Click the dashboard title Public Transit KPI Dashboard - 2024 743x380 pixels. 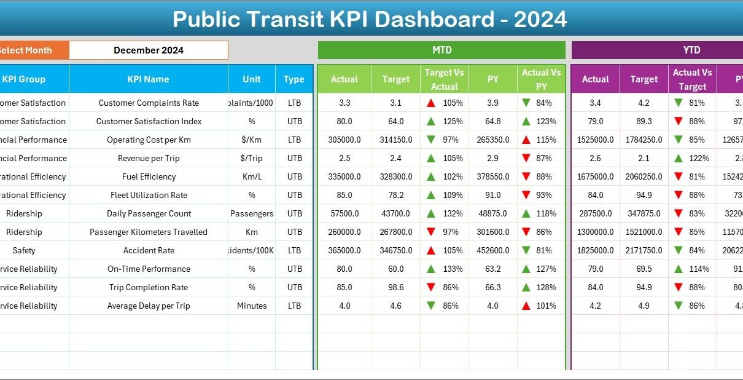(370, 20)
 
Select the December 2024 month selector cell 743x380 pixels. (149, 50)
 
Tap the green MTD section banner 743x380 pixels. (442, 50)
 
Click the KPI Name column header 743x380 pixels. (148, 79)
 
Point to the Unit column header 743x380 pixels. (251, 79)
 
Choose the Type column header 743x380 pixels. (294, 79)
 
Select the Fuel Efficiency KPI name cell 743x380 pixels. (149, 176)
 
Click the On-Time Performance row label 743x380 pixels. (149, 269)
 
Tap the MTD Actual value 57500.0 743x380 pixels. (344, 213)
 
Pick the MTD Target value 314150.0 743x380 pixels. (396, 140)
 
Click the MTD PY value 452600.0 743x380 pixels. (492, 250)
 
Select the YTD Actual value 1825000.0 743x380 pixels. (595, 250)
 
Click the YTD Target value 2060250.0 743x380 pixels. (644, 176)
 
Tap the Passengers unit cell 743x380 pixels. (252, 213)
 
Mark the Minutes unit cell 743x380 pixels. (252, 306)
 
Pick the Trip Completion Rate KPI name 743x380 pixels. (149, 287)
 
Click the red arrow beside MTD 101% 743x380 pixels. (526, 306)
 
